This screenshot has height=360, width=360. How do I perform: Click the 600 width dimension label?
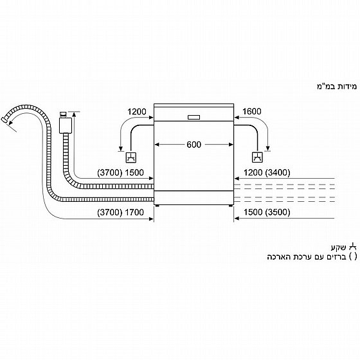(194, 145)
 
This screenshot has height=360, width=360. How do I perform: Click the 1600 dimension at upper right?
(251, 111)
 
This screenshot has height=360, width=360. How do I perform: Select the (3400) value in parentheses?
(278, 172)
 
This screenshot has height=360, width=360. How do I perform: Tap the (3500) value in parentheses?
(278, 212)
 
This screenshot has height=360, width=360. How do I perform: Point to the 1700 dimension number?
(134, 212)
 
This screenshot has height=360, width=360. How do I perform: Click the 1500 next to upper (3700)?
(134, 173)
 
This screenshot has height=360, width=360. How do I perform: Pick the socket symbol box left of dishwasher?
(131, 157)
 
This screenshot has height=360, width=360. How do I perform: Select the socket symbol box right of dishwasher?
(257, 157)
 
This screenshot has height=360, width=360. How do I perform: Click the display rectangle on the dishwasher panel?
(194, 117)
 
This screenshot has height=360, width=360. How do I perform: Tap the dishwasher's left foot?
(157, 206)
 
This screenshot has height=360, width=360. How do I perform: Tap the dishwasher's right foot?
(230, 206)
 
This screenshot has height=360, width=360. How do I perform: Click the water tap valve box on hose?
(66, 125)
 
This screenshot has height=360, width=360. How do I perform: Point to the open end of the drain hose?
(4, 120)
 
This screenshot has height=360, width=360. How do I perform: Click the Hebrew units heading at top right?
(337, 87)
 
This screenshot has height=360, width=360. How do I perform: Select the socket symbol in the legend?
(353, 247)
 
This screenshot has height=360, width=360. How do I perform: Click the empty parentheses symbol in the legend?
(353, 256)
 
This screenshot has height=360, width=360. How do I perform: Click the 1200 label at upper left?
(136, 112)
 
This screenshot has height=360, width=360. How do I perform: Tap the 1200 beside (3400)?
(253, 172)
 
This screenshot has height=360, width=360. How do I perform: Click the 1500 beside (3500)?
(253, 212)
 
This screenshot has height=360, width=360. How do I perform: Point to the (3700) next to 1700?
(110, 212)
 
